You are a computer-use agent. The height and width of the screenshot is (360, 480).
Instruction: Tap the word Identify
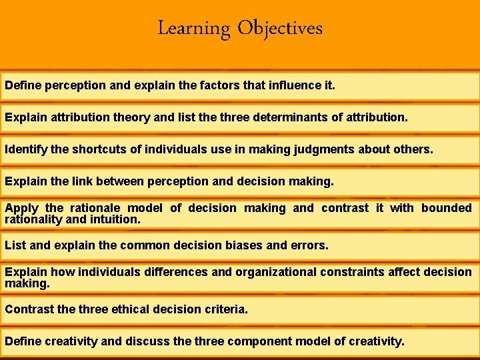tap(25, 150)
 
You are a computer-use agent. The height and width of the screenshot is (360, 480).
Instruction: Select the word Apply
tap(22, 208)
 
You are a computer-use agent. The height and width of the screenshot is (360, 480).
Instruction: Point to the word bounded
tap(446, 208)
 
